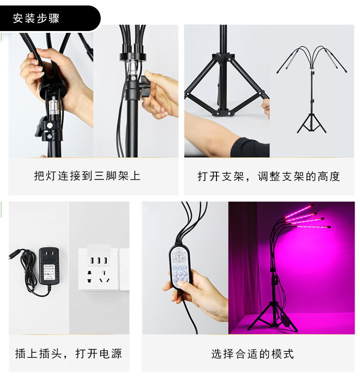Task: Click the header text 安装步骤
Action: coord(36,19)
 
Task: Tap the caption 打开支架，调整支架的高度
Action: coord(268,177)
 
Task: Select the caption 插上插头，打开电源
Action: coord(68,353)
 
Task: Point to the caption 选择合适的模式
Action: coord(252,354)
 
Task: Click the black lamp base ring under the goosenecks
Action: coord(132,57)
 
